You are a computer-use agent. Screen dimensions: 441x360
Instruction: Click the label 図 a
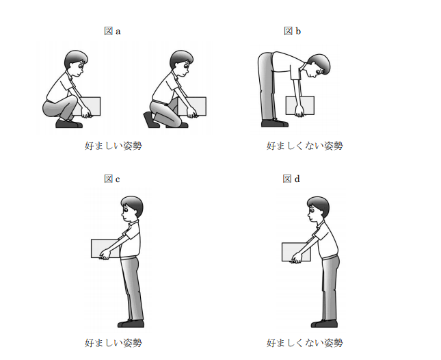pos(112,31)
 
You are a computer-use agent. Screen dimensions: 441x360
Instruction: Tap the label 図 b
pos(292,31)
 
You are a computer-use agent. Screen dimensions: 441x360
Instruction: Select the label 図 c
pos(112,179)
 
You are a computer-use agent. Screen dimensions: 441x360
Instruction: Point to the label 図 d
pos(291,179)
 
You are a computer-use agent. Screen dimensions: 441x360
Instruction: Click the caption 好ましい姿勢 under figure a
pos(113,146)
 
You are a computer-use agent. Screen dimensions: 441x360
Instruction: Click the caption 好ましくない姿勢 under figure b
pos(305,146)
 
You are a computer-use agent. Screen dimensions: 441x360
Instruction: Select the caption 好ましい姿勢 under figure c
pos(113,343)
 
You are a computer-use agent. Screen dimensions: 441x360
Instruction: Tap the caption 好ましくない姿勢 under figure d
pos(305,343)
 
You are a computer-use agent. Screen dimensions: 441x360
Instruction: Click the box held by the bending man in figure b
pos(300,105)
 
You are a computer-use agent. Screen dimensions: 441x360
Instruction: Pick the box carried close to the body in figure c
pos(105,248)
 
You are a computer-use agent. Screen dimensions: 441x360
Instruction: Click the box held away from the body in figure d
pos(296,252)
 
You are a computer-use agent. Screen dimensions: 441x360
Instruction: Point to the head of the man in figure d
pos(318,209)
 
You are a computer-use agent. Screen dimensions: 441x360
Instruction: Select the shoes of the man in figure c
pos(131,324)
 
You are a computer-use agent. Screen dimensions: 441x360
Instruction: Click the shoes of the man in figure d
pos(324,324)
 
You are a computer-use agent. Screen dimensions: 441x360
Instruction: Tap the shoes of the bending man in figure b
pos(274,123)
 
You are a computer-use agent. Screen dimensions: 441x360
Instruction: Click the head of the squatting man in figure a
pos(76,63)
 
